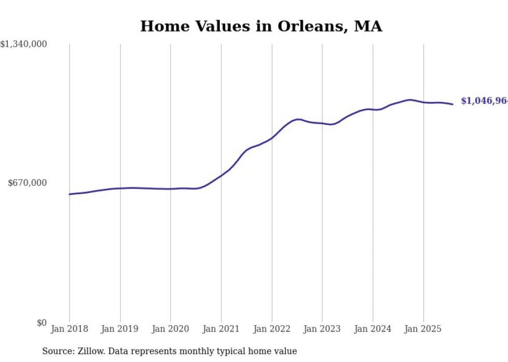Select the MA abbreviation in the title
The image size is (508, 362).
click(x=368, y=26)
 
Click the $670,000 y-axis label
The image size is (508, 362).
click(x=27, y=183)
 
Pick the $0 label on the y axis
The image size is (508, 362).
click(x=41, y=323)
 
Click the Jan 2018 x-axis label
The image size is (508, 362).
click(x=69, y=329)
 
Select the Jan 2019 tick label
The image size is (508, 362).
click(x=120, y=329)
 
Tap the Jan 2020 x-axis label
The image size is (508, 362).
click(x=171, y=329)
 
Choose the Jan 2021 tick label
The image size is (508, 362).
click(x=221, y=329)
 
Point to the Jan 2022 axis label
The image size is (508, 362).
click(x=272, y=329)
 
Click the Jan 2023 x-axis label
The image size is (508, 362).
click(x=322, y=329)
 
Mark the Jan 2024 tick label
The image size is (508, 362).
click(x=373, y=329)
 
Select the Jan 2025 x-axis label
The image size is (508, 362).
click(x=424, y=329)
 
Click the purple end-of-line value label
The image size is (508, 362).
click(x=484, y=101)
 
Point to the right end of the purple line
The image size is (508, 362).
click(x=453, y=104)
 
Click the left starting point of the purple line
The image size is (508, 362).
click(x=69, y=194)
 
